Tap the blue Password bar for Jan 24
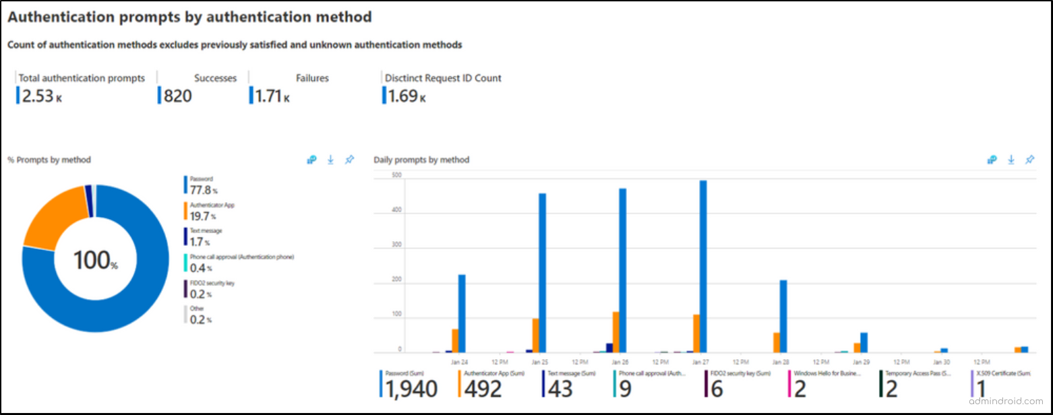(462, 313)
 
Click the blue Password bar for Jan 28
(783, 316)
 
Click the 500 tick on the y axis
(378, 176)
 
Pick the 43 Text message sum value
(560, 389)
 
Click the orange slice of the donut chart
(54, 219)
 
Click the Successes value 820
(177, 96)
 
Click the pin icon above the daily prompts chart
(1029, 160)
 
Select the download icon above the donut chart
(330, 160)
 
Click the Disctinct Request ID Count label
(443, 78)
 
